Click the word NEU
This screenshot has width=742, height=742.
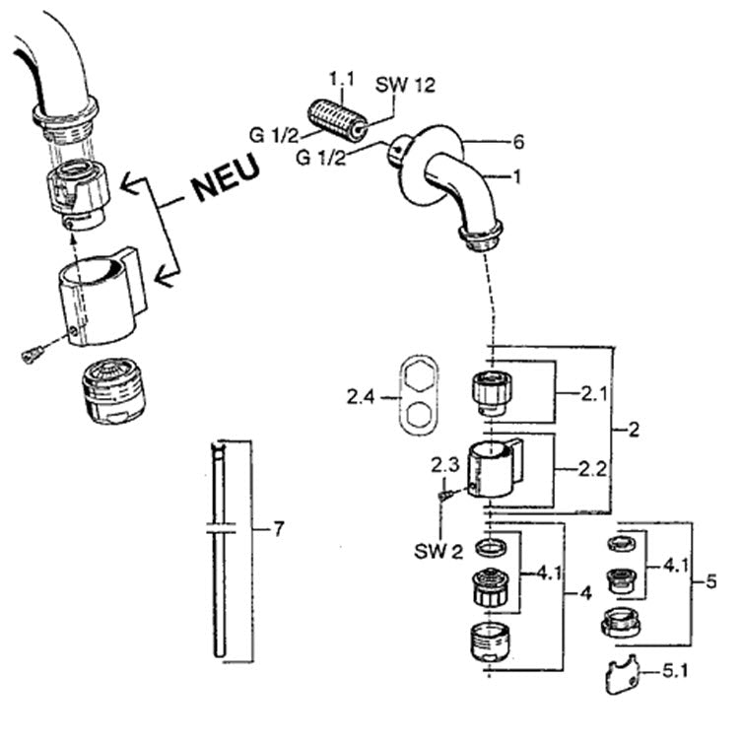(226, 177)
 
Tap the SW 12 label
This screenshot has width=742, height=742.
(405, 85)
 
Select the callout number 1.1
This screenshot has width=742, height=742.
(341, 79)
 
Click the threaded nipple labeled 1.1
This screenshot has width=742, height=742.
(337, 120)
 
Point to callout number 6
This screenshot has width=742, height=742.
(518, 142)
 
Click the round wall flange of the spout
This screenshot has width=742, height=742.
(429, 166)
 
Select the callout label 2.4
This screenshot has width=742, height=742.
(361, 397)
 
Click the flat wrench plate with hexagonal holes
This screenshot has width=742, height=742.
(419, 395)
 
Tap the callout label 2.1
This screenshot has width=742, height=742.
(593, 393)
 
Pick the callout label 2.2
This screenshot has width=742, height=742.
(592, 469)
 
